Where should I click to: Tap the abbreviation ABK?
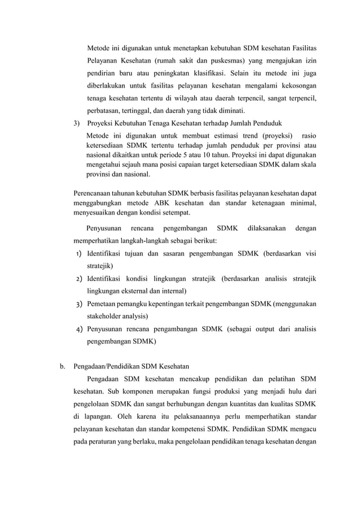coord(162,203)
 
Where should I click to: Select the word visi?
coord(310,253)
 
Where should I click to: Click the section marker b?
coord(63,366)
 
